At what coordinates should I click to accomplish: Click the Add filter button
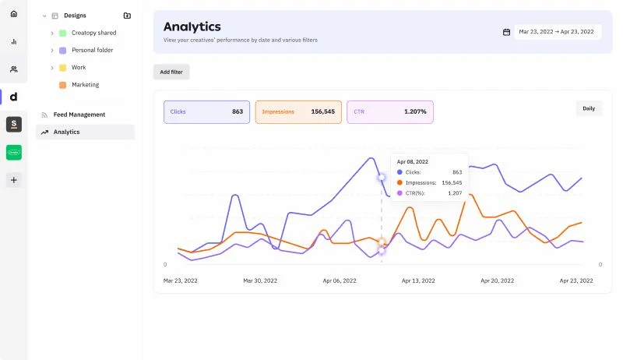point(171,72)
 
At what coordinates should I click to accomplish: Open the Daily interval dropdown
point(589,108)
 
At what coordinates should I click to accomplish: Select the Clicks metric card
point(206,112)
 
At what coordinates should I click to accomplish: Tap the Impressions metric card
point(298,112)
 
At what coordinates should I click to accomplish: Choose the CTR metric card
point(390,112)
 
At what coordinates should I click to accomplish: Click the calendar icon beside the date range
point(506,32)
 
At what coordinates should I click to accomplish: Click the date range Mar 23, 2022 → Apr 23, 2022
point(556,32)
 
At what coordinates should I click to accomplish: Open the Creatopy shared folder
point(93,33)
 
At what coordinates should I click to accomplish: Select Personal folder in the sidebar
point(92,50)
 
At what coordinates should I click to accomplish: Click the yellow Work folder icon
point(63,68)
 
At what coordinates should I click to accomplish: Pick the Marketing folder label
point(86,85)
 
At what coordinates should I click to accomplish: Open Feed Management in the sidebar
point(79,115)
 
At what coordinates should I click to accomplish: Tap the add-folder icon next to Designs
point(127,16)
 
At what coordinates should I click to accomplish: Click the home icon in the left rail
point(14,14)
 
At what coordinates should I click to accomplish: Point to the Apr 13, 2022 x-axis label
point(418,281)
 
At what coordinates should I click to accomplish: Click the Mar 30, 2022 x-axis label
point(260,281)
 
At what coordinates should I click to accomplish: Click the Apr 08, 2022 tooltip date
point(413,162)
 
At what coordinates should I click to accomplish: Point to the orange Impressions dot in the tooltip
point(399,183)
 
